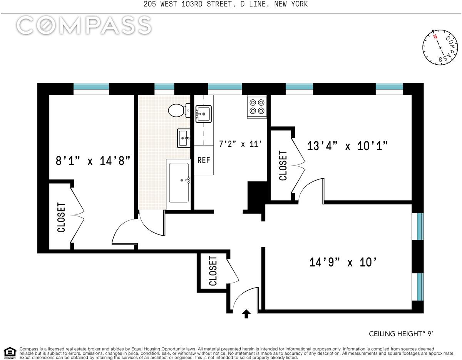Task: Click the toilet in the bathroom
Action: pyautogui.click(x=179, y=111)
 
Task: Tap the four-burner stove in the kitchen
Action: pyautogui.click(x=257, y=107)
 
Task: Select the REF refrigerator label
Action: pyautogui.click(x=204, y=160)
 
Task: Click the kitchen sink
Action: pyautogui.click(x=203, y=114)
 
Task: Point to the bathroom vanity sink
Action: pyautogui.click(x=184, y=138)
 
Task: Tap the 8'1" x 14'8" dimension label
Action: pyautogui.click(x=93, y=161)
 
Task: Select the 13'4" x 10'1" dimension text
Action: pyautogui.click(x=347, y=146)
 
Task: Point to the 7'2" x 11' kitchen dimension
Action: pyautogui.click(x=240, y=144)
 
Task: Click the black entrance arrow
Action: pyautogui.click(x=246, y=314)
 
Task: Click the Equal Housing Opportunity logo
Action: pyautogui.click(x=10, y=353)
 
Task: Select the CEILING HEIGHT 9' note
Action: pyautogui.click(x=401, y=334)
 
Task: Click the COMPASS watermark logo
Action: pyautogui.click(x=84, y=25)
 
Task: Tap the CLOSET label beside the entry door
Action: pyautogui.click(x=213, y=271)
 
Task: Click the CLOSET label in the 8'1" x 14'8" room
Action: pyautogui.click(x=61, y=217)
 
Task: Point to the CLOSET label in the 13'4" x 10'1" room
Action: pyautogui.click(x=283, y=166)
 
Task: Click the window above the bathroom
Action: pyautogui.click(x=164, y=89)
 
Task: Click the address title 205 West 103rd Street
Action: pyautogui.click(x=226, y=4)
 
